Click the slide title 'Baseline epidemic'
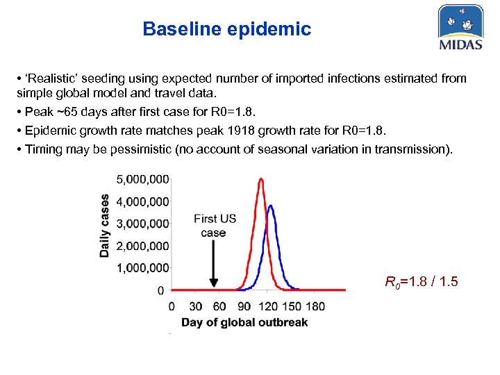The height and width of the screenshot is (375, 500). [226, 29]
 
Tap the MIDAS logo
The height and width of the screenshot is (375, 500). [460, 28]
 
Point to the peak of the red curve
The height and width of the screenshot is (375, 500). [261, 179]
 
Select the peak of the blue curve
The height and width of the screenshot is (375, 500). [271, 206]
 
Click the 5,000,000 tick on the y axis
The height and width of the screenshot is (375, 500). [142, 179]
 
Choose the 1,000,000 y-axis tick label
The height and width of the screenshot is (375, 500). [142, 267]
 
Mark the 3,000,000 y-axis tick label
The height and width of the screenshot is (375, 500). [142, 224]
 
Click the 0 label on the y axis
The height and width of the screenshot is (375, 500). [160, 290]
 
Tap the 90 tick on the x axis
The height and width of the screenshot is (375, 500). [244, 306]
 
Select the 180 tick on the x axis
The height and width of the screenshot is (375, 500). [315, 306]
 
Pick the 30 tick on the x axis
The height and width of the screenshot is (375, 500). [196, 306]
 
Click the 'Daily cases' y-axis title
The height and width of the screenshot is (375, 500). [105, 225]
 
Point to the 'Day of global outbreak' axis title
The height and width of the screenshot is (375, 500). [244, 322]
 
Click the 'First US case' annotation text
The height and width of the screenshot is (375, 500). [215, 226]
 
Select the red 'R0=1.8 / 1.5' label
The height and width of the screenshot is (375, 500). [422, 282]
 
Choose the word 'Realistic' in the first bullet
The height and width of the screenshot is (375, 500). [50, 78]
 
